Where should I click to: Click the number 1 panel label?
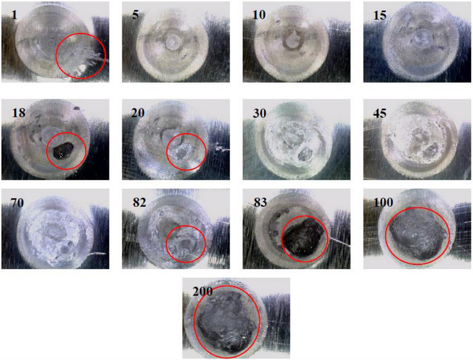click(x=14, y=15)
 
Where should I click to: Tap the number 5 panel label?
click(x=135, y=15)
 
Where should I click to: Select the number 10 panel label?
click(x=259, y=15)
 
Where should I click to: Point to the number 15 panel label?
click(x=379, y=15)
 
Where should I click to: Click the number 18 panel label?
click(x=19, y=113)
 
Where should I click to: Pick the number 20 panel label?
click(x=138, y=113)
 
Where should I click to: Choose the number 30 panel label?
click(x=260, y=113)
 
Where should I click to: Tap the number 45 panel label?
click(x=380, y=113)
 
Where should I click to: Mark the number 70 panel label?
click(x=17, y=202)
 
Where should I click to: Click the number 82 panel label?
click(x=139, y=202)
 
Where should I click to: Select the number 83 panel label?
click(x=260, y=202)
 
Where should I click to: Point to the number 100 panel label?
click(x=383, y=202)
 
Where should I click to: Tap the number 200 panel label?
click(x=203, y=291)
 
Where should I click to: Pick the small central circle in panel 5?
click(x=172, y=42)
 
